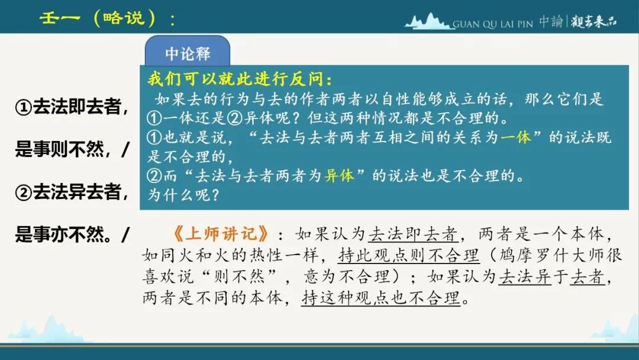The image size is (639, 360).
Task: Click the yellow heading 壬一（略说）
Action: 108,18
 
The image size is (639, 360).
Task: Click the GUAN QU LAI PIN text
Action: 493,24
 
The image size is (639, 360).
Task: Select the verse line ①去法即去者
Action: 72,107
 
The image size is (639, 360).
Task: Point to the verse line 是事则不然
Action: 72,149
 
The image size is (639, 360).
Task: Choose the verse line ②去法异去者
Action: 72,192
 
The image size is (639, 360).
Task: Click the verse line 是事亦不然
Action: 72,234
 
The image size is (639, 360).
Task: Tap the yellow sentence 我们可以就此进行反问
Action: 240,79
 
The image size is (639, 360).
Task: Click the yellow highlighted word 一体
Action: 515,137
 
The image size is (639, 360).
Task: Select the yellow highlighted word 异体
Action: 339,176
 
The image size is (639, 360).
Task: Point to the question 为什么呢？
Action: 183,195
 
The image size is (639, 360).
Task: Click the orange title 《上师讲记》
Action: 221,234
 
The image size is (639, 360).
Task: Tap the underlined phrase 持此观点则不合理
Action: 408,256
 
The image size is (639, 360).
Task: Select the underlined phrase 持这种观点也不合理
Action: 380,298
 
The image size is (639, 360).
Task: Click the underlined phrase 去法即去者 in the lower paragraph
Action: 413,234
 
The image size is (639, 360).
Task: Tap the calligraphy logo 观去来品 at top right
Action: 593,21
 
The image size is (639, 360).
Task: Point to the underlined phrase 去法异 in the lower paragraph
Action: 524,277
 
